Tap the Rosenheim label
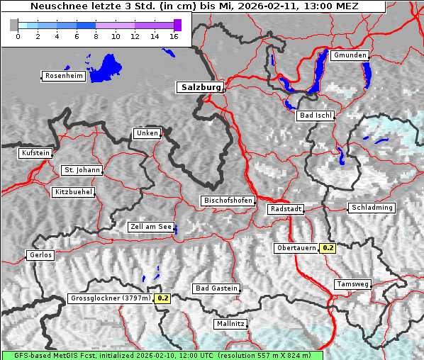point(63,76)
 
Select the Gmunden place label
point(350,55)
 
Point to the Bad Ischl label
point(316,116)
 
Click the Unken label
point(146,133)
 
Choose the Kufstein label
point(35,153)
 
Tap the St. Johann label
point(82,170)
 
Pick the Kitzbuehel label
point(73,192)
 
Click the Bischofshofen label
point(228,201)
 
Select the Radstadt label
point(286,209)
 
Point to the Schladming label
point(371,208)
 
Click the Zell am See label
point(151,227)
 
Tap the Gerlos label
point(40,255)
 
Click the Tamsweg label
point(352,284)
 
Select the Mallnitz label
point(230,324)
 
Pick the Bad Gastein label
point(216,288)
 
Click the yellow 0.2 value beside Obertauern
point(328,248)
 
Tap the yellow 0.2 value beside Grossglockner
point(163,298)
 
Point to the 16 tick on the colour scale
point(174,36)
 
